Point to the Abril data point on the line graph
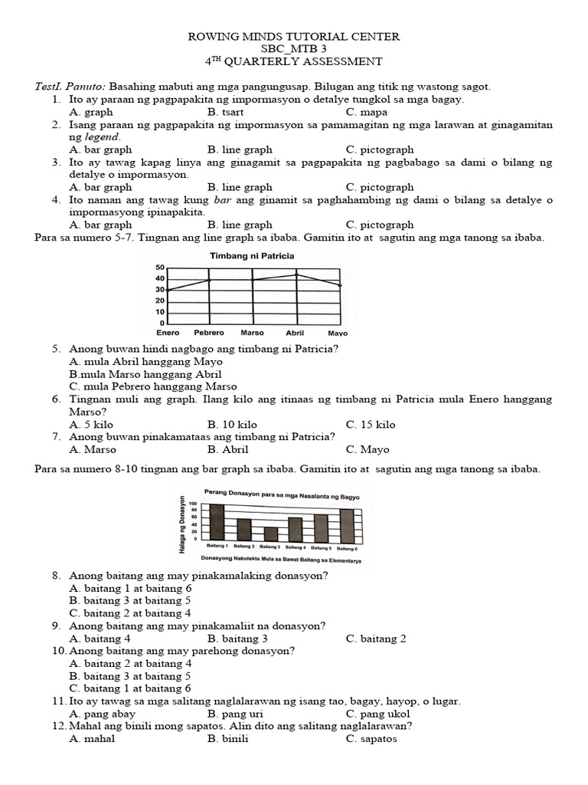tap(296, 274)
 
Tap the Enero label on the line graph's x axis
tap(168, 333)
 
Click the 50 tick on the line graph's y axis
tap(160, 268)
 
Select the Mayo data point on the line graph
tap(339, 285)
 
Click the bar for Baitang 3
tap(271, 534)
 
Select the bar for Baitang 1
tap(217, 522)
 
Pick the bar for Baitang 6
tap(347, 524)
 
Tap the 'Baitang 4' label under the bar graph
tap(296, 547)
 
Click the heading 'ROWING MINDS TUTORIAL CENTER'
tap(294, 37)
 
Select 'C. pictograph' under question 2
tap(379, 149)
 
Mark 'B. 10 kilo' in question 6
tap(232, 425)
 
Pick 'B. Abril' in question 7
tap(227, 449)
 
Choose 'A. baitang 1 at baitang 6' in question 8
tap(129, 588)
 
